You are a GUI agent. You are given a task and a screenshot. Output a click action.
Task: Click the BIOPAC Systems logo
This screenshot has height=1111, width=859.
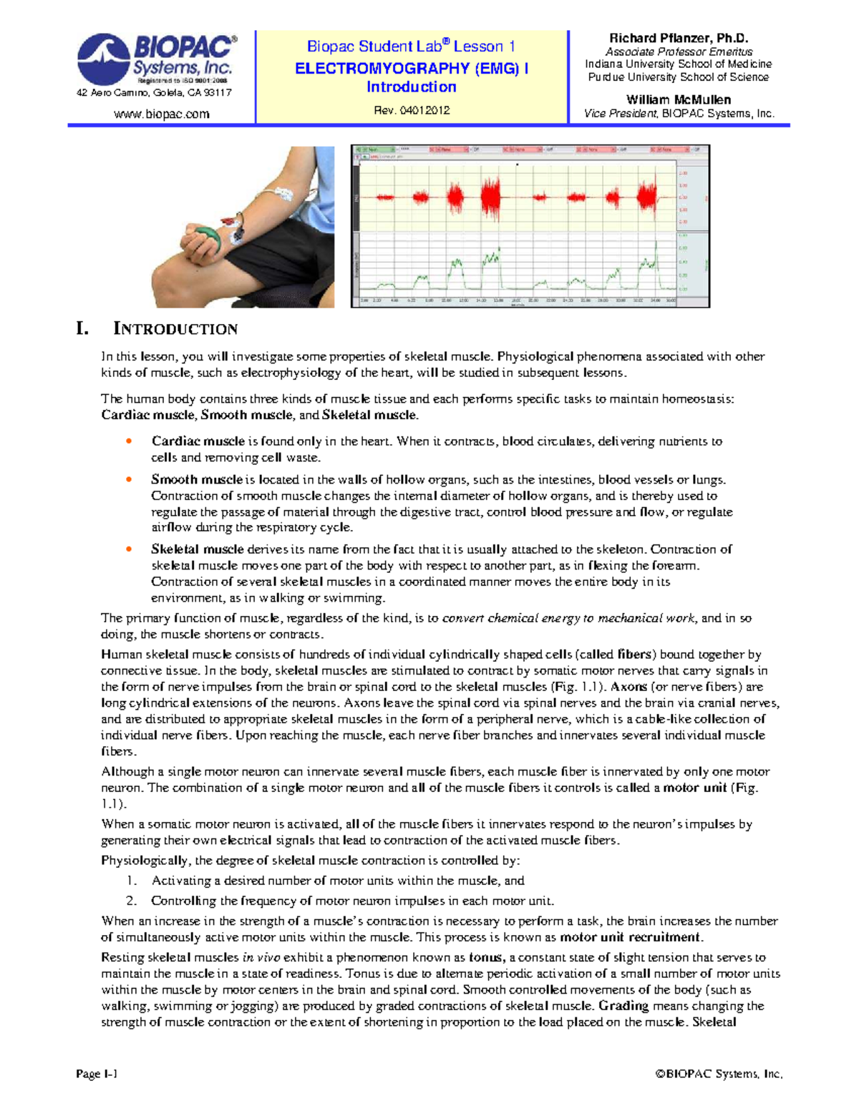pyautogui.click(x=155, y=58)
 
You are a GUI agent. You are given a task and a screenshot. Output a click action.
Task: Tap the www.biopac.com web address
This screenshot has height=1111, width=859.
pyautogui.click(x=162, y=114)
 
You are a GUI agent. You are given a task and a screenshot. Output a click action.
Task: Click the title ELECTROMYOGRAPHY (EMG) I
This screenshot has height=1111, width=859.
pyautogui.click(x=412, y=69)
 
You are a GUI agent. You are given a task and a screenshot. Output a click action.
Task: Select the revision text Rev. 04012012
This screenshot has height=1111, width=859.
pyautogui.click(x=412, y=110)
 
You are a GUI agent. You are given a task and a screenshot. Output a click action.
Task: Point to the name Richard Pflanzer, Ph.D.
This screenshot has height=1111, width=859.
pyautogui.click(x=678, y=39)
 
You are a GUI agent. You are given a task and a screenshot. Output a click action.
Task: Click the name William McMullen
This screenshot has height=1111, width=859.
pyautogui.click(x=678, y=99)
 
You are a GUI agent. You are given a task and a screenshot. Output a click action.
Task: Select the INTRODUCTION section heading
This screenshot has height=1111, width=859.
pyautogui.click(x=175, y=329)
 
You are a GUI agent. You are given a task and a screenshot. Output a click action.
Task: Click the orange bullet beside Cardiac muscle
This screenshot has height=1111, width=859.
pyautogui.click(x=129, y=441)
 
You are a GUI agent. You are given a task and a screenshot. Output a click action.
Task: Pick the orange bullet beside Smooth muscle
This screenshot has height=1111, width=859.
pyautogui.click(x=129, y=479)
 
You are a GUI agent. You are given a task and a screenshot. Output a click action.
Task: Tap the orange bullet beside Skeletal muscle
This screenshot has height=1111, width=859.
pyautogui.click(x=129, y=549)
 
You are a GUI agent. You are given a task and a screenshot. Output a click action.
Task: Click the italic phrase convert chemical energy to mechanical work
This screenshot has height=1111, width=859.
pyautogui.click(x=569, y=618)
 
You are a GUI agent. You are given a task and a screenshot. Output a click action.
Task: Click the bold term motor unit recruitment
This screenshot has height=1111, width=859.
pyautogui.click(x=631, y=937)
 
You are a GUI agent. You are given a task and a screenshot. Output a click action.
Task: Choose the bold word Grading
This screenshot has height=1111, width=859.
pyautogui.click(x=623, y=1006)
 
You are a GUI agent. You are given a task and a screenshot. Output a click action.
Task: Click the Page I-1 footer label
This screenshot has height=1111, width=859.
pyautogui.click(x=97, y=1074)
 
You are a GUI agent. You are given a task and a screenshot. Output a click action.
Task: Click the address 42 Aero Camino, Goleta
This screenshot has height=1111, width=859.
pyautogui.click(x=154, y=93)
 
